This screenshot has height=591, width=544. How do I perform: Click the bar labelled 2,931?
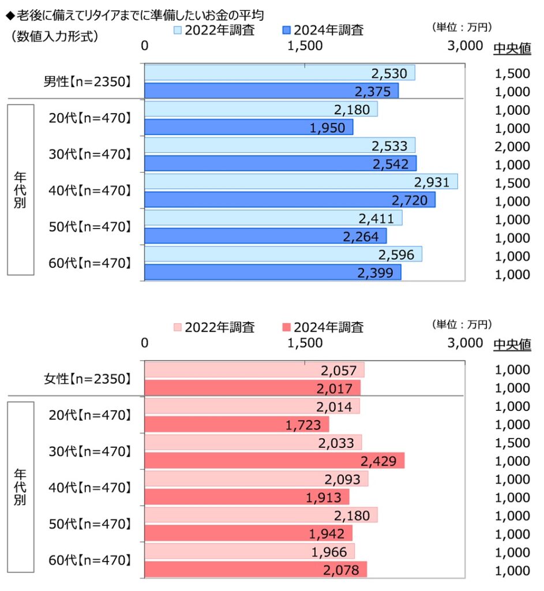click(x=301, y=182)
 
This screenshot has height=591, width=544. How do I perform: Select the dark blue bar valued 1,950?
click(x=248, y=127)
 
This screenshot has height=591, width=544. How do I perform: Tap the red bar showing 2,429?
click(x=274, y=461)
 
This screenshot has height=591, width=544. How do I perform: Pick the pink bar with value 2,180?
click(x=261, y=515)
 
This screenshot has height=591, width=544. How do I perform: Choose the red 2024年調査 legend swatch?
click(x=287, y=327)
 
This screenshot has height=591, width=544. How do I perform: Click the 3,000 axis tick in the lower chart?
click(x=464, y=343)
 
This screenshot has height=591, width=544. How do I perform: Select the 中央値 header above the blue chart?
click(x=512, y=48)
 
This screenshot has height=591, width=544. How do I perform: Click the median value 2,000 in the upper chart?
click(x=512, y=146)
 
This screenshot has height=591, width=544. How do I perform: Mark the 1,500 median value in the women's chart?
click(x=512, y=443)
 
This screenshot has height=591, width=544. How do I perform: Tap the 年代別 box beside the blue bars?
click(x=20, y=189)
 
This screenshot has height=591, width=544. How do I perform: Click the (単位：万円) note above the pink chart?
click(x=461, y=324)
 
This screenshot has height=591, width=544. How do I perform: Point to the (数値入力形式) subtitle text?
click(x=55, y=36)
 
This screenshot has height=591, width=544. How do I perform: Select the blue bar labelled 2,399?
click(x=272, y=272)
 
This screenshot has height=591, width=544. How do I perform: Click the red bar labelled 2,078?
click(x=255, y=570)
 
